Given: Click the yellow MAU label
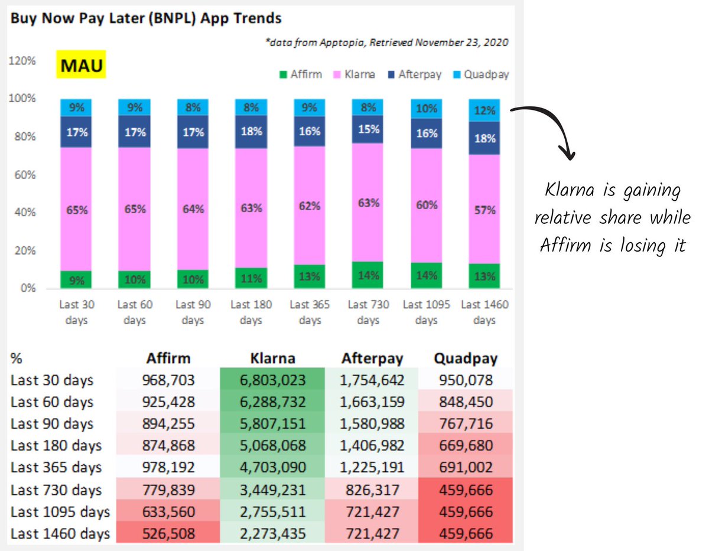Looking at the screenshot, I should pyautogui.click(x=81, y=65).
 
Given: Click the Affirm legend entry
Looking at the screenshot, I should pyautogui.click(x=301, y=74).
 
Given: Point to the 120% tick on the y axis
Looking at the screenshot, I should pyautogui.click(x=22, y=61).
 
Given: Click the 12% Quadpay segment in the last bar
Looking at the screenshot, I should pyautogui.click(x=484, y=110).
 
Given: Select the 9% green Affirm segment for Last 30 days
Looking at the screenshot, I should pyautogui.click(x=76, y=280).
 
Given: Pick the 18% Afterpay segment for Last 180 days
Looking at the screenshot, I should pyautogui.click(x=251, y=131).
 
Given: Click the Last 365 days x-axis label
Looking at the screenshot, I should pyautogui.click(x=309, y=312).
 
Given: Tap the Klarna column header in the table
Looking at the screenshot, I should pyautogui.click(x=272, y=358).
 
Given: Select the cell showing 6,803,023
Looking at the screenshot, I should pyautogui.click(x=272, y=380).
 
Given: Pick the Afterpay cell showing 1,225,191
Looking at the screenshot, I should pyautogui.click(x=372, y=467).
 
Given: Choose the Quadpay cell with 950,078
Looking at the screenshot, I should pyautogui.click(x=466, y=380).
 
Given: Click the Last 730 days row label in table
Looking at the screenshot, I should pyautogui.click(x=56, y=490).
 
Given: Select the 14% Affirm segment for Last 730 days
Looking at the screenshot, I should pyautogui.click(x=367, y=275).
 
